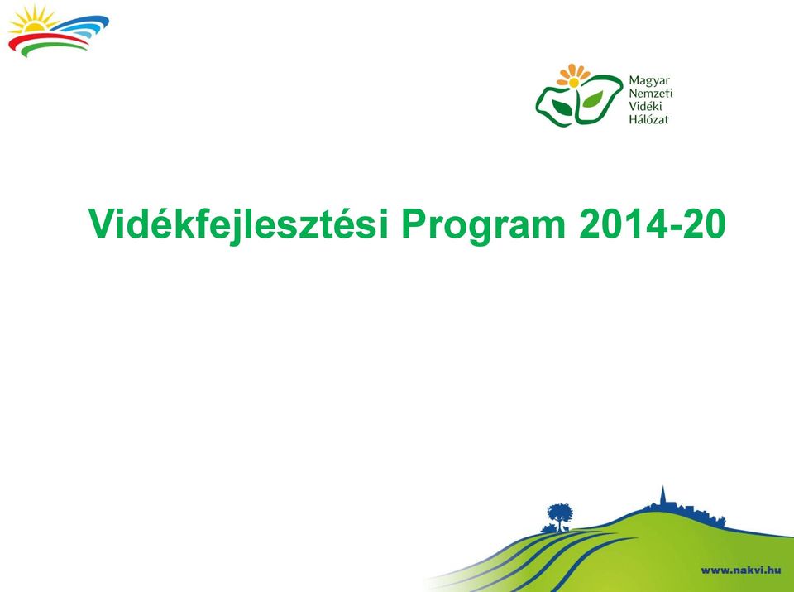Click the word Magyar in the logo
pyautogui.click(x=649, y=81)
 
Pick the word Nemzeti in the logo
pyautogui.click(x=651, y=94)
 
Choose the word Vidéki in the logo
pyautogui.click(x=645, y=107)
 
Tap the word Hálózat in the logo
pyautogui.click(x=648, y=119)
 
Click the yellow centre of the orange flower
pyautogui.click(x=574, y=82)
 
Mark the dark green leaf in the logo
pyautogui.click(x=562, y=108)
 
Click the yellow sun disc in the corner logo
pyautogui.click(x=34, y=26)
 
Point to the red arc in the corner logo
pyautogui.click(x=46, y=41)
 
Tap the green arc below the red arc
pyautogui.click(x=53, y=48)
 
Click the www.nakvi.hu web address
pyautogui.click(x=741, y=570)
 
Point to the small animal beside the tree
pyautogui.click(x=566, y=528)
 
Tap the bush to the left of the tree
pyautogui.click(x=548, y=529)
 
